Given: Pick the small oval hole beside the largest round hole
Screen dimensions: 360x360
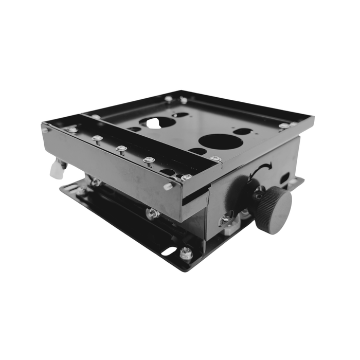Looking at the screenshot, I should [242, 131].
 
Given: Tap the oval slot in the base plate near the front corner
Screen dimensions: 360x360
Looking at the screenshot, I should [169, 251].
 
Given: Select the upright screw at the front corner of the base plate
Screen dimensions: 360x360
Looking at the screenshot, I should [186, 253].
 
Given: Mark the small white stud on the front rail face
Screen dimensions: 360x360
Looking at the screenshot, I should [168, 186].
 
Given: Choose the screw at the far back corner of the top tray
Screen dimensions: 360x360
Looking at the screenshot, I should [169, 98].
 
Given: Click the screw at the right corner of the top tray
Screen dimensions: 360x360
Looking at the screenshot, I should [284, 125].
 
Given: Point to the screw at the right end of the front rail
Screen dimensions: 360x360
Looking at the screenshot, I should [186, 177].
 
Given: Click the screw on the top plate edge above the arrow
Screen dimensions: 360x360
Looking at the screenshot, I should [215, 159].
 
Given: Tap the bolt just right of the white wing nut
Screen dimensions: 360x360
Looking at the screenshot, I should [96, 182].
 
